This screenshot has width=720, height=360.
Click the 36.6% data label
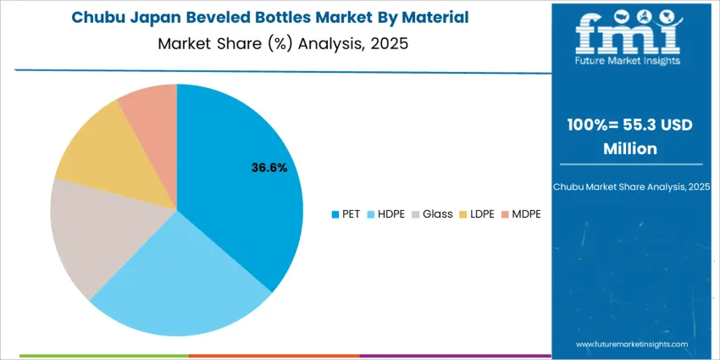(269, 168)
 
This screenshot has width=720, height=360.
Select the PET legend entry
(346, 213)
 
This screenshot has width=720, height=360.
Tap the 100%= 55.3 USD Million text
(628, 136)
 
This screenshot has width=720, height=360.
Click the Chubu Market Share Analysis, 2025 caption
(628, 186)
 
